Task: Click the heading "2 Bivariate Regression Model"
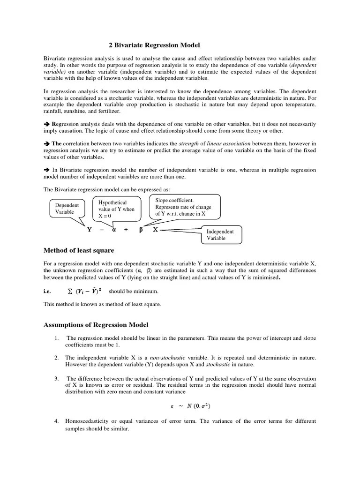coord(154,45)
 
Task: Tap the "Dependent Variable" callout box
coord(67,209)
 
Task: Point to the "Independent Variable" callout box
coord(221,235)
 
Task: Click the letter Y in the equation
coord(89,230)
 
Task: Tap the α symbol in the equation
coord(113,230)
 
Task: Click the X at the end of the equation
coord(156,230)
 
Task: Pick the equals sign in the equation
coord(101,230)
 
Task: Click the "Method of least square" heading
coord(79,250)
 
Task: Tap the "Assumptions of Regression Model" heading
coord(96,324)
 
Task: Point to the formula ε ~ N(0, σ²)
coord(190,407)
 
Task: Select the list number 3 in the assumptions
coord(56,378)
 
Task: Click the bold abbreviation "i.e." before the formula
coord(47,291)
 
